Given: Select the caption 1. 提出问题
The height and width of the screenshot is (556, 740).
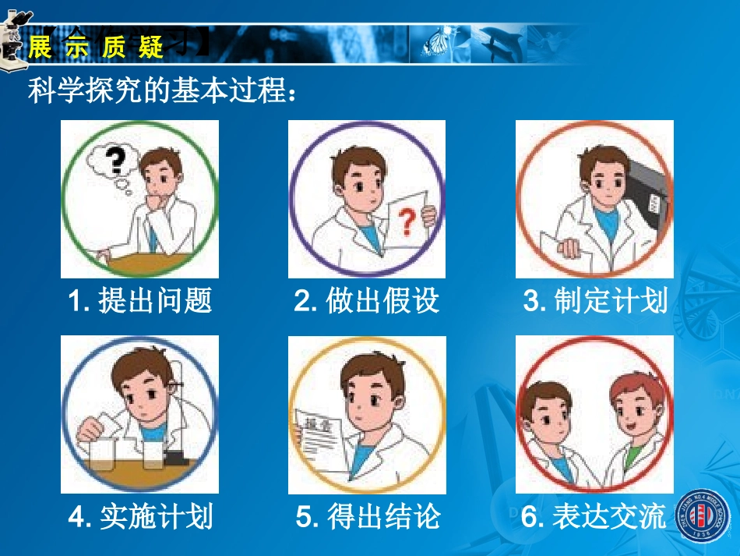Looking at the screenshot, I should pyautogui.click(x=140, y=301).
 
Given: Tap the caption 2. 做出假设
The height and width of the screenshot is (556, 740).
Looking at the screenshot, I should pyautogui.click(x=367, y=301).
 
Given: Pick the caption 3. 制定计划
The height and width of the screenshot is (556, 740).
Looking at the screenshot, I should pyautogui.click(x=595, y=301).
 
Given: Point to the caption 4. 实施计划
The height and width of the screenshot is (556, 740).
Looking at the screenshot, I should pyautogui.click(x=140, y=516).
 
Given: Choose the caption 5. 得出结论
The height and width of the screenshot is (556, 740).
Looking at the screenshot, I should pyautogui.click(x=368, y=516).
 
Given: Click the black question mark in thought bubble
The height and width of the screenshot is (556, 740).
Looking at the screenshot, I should pyautogui.click(x=115, y=161).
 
